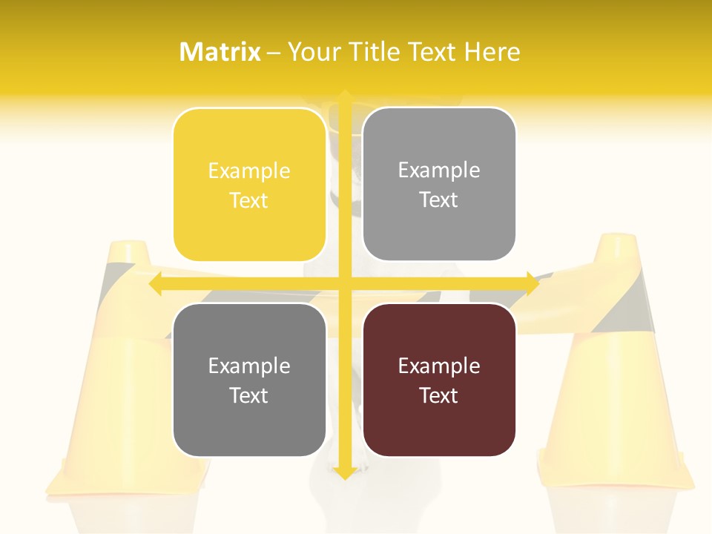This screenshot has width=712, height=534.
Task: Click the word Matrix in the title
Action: [220, 52]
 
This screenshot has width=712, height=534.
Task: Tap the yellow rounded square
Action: [249, 185]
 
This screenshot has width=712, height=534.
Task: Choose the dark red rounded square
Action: [439, 380]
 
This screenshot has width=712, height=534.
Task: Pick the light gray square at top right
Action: [439, 184]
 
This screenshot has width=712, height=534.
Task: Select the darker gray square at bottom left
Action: [249, 380]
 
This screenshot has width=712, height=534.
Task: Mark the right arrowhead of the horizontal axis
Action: [532, 284]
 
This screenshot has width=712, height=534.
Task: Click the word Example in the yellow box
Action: [249, 171]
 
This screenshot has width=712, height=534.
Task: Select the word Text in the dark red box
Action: [439, 395]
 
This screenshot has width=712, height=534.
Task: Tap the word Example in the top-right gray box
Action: [439, 170]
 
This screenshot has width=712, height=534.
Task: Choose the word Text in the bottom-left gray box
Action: [249, 395]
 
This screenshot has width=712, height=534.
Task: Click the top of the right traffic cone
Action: [617, 240]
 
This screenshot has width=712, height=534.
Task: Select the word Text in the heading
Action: [432, 52]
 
